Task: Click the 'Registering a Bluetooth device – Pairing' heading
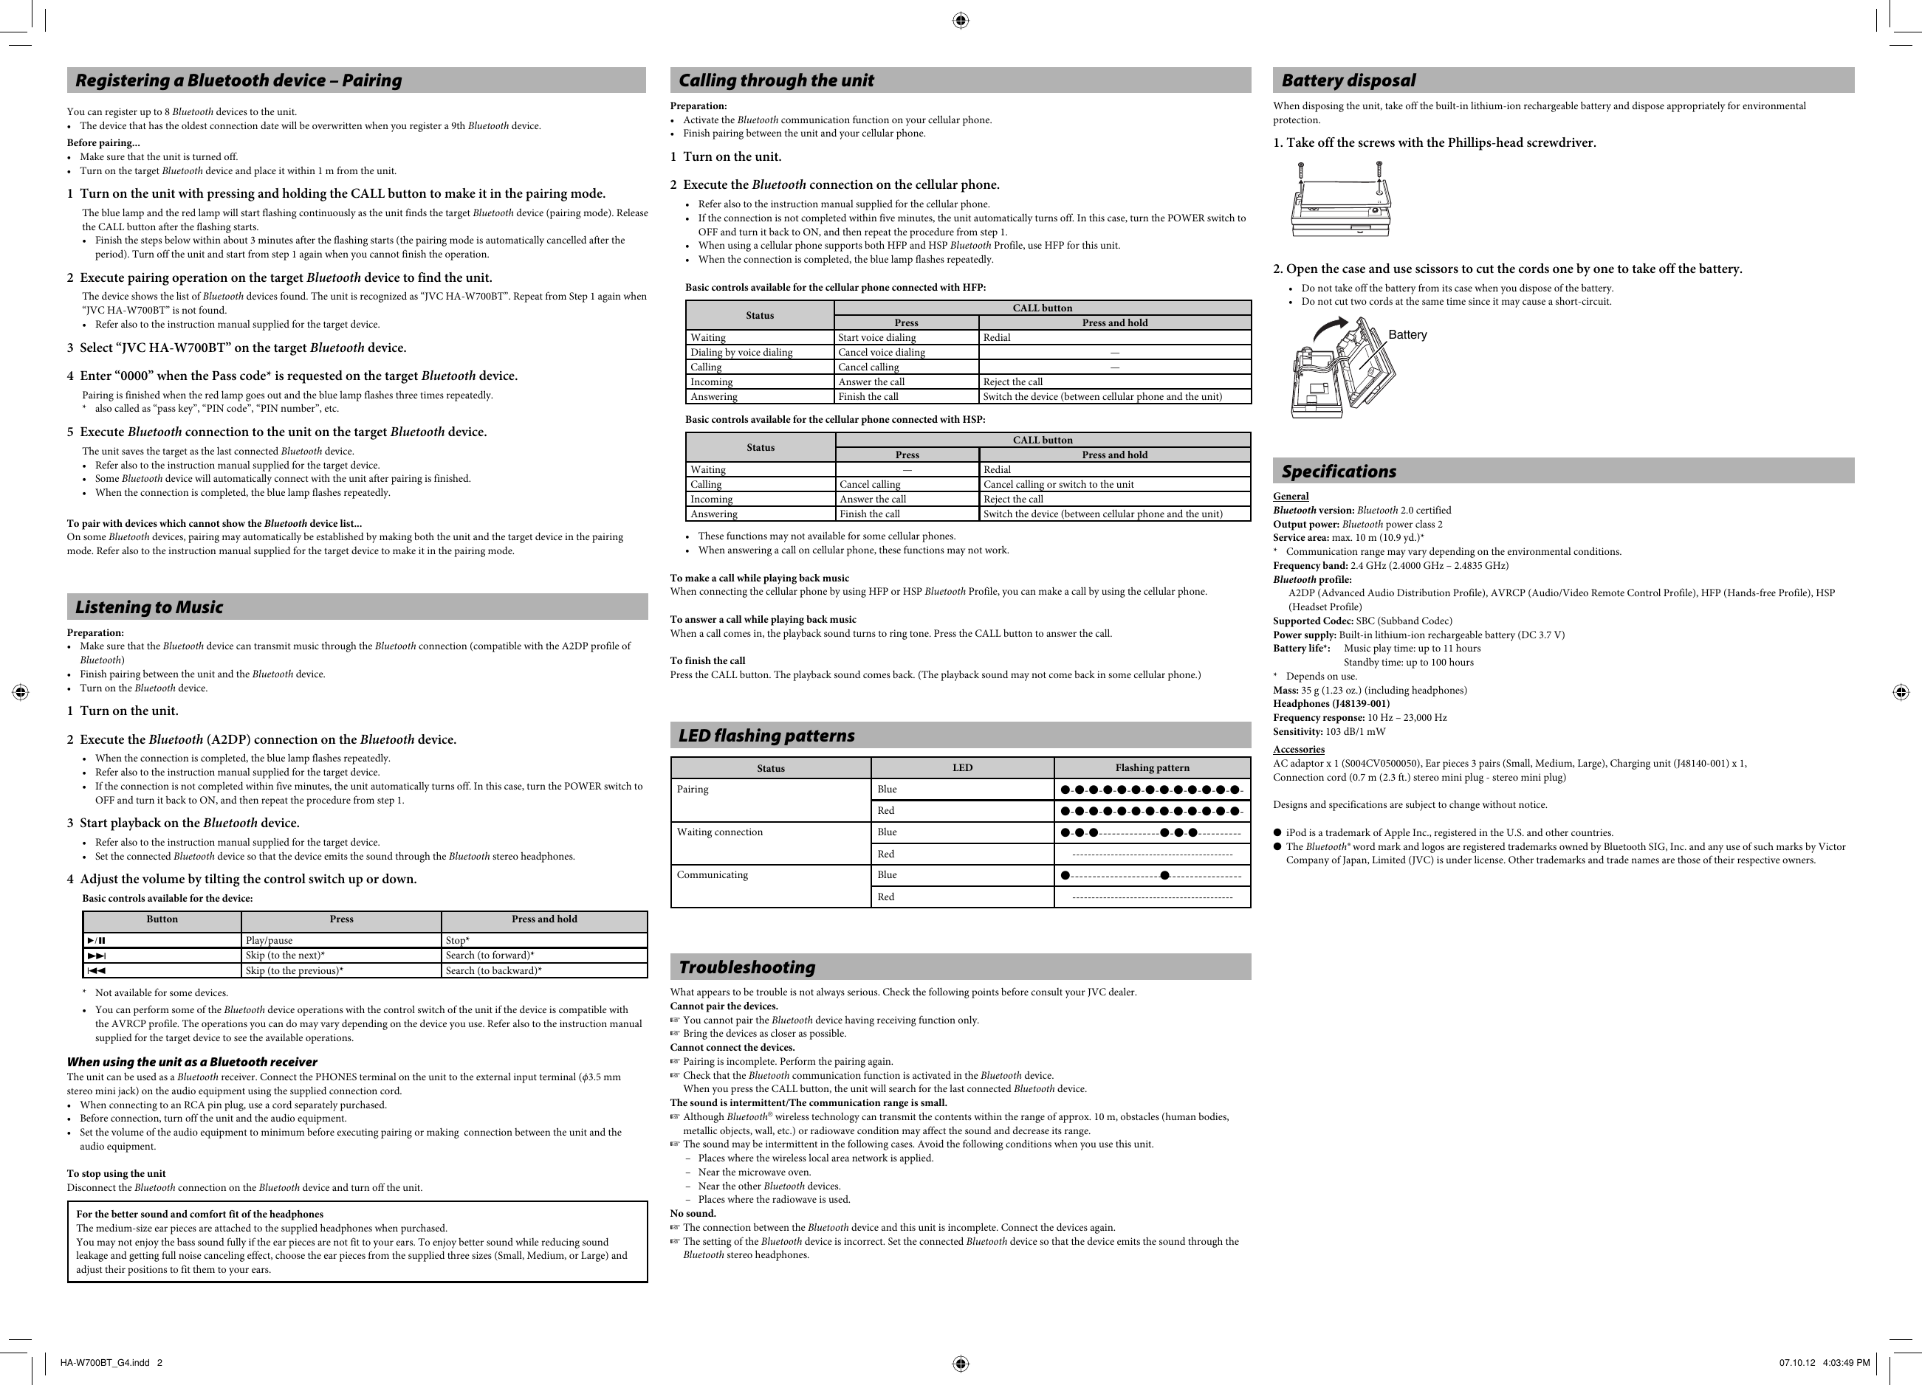click(238, 80)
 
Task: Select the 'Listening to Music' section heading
click(149, 607)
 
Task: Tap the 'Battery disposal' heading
click(1348, 80)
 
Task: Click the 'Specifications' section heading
click(1338, 471)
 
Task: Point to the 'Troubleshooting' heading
click(747, 967)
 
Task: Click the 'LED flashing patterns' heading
click(766, 735)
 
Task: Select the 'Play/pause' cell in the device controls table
click(269, 940)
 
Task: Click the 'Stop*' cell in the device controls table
click(458, 940)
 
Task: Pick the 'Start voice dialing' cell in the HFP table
click(876, 337)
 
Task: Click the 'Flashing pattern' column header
click(1152, 768)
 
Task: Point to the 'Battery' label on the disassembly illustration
click(1407, 334)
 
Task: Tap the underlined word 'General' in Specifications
click(1291, 497)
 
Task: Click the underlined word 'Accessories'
click(1298, 749)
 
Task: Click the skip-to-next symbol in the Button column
click(97, 956)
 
